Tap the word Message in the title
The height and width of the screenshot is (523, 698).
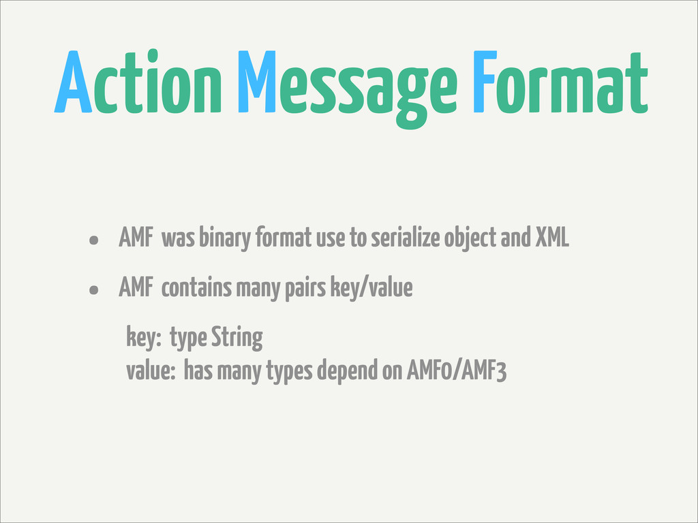(x=347, y=84)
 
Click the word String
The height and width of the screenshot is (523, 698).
(x=237, y=338)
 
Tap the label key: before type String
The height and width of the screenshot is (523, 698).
(x=142, y=338)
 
